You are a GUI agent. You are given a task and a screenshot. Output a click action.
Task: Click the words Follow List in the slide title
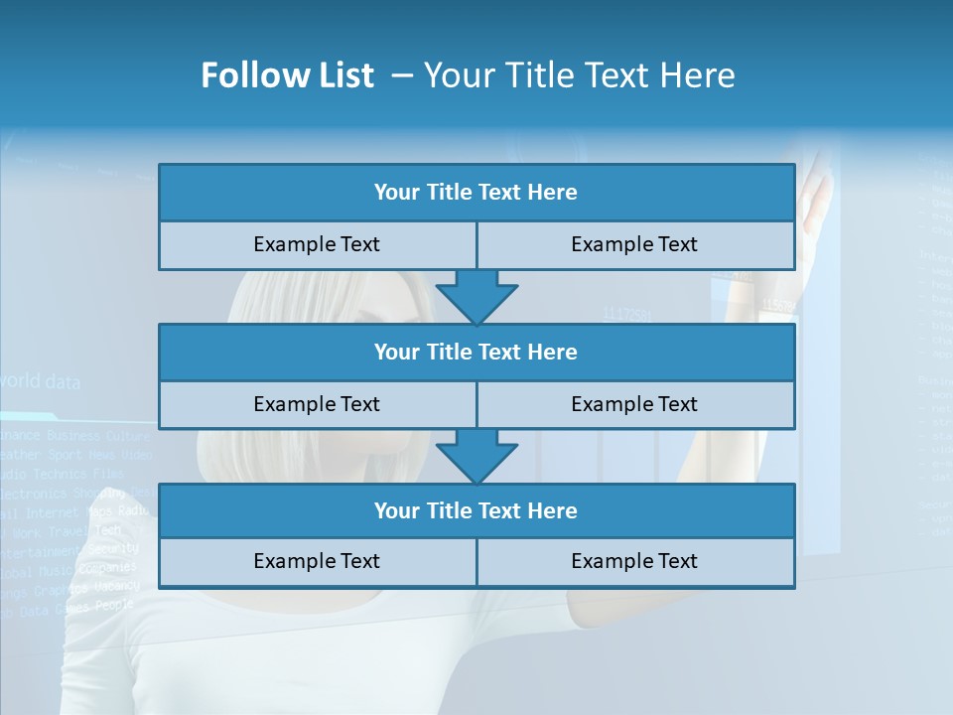coord(287,76)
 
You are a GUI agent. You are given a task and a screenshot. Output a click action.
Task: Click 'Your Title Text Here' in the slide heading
coord(580,76)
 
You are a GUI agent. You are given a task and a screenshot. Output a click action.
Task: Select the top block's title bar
coord(476,193)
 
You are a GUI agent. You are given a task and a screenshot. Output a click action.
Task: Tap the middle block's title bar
coord(476,352)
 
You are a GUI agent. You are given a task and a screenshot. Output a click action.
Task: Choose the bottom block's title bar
coord(476,510)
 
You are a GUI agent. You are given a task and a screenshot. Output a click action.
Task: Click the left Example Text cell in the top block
coord(317,244)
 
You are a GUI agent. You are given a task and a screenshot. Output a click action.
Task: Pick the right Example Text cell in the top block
coord(635,244)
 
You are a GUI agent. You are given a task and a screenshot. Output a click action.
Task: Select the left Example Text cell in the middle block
coord(317,404)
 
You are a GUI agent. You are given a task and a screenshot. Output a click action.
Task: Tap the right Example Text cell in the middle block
coord(635,404)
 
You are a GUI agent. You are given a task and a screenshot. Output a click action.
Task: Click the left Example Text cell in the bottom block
coord(317,561)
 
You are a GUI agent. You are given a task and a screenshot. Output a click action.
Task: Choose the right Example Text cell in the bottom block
coord(635,561)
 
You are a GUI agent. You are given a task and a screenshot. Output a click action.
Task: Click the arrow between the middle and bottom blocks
coord(476,456)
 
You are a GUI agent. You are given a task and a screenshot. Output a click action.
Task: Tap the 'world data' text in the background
coord(40,381)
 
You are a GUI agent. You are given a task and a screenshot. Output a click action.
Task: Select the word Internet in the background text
coord(52,513)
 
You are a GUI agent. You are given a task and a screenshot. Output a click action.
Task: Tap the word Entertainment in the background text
coord(40,552)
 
